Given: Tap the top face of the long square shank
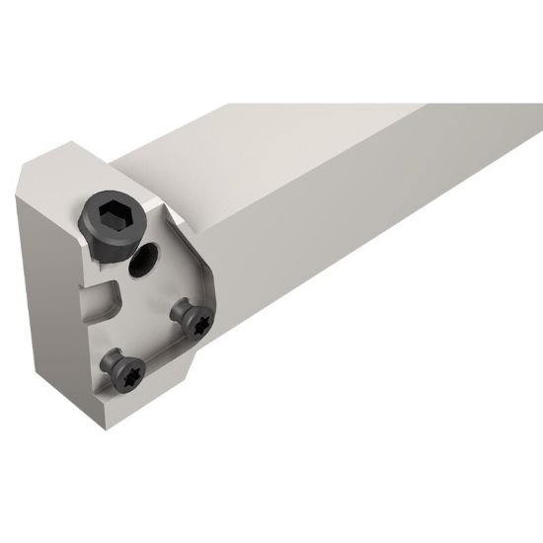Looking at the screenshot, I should point(326,148).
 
